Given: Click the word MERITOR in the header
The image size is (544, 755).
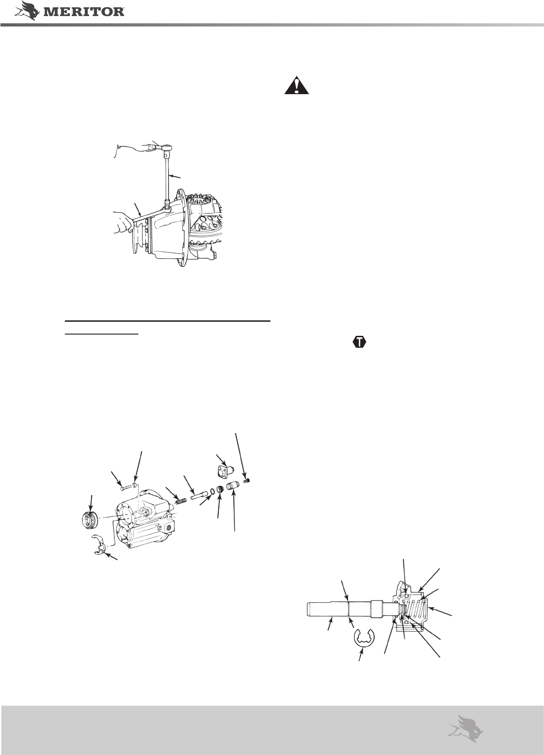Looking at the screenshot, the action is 84,12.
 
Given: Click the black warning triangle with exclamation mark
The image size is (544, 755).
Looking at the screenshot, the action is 296,85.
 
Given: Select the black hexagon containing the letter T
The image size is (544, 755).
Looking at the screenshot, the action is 360,342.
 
